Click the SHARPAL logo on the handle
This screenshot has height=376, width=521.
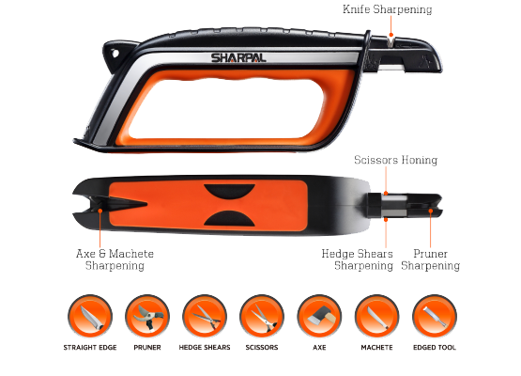238,57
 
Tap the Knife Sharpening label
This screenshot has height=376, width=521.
388,9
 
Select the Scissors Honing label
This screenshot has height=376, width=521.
396,160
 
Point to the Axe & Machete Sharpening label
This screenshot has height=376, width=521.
115,259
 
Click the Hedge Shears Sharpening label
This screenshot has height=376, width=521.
358,259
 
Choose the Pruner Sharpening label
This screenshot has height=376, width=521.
430,259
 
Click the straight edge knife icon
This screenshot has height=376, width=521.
90,317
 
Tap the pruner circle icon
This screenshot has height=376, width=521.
147,317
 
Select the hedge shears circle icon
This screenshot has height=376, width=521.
205,317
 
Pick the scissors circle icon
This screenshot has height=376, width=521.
262,317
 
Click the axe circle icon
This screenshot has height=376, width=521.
319,317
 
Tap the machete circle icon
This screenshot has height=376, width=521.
376,317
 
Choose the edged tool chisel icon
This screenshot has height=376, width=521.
435,317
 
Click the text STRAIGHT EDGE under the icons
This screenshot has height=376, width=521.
90,348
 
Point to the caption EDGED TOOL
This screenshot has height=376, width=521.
435,348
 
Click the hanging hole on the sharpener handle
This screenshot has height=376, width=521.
115,53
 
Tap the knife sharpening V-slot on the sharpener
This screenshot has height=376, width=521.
391,40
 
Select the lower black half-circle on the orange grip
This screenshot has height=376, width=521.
229,218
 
